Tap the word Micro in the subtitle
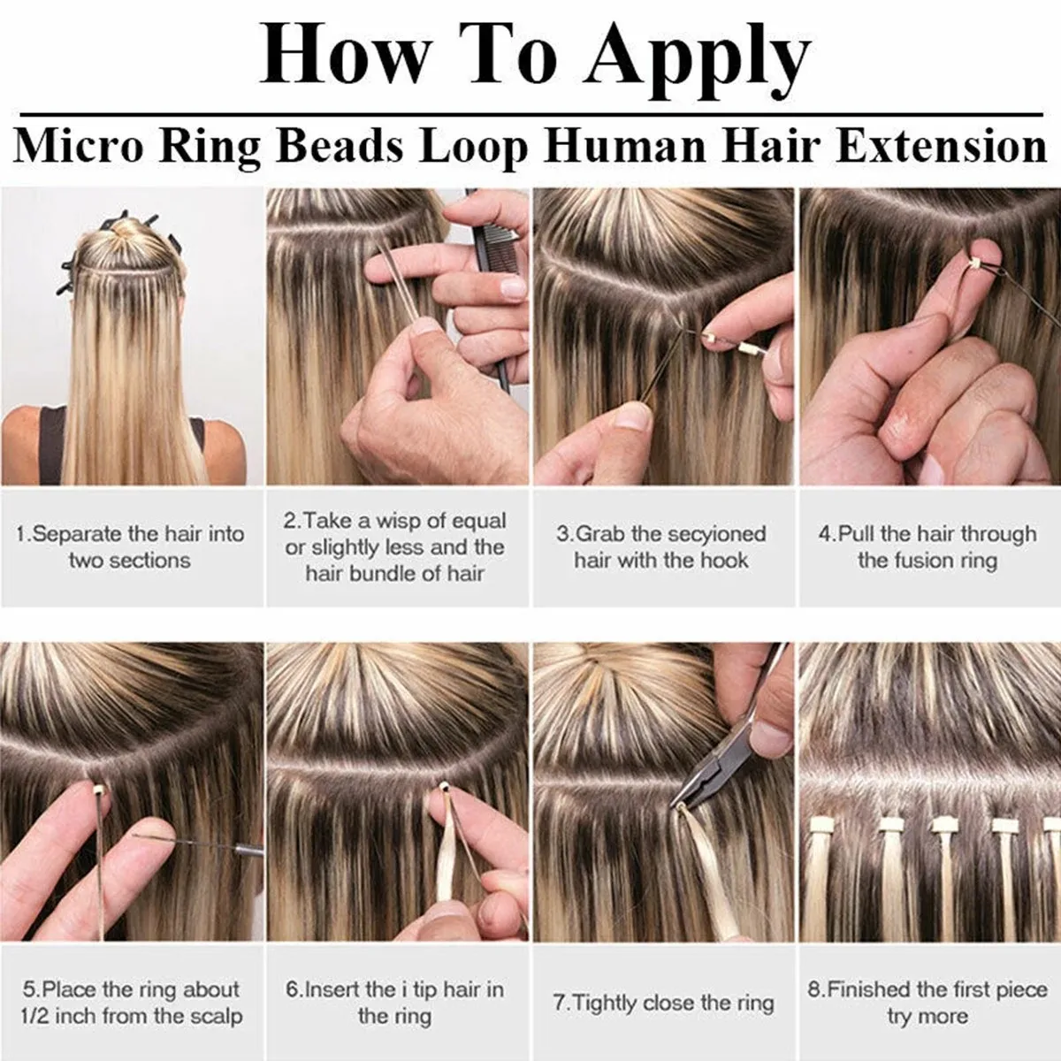(x=78, y=146)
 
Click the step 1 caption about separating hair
(x=130, y=547)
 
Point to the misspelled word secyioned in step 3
(x=716, y=534)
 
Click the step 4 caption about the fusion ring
(x=927, y=547)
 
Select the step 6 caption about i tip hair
(x=395, y=1002)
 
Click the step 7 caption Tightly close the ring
(x=663, y=1003)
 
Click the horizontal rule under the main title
(x=530, y=115)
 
